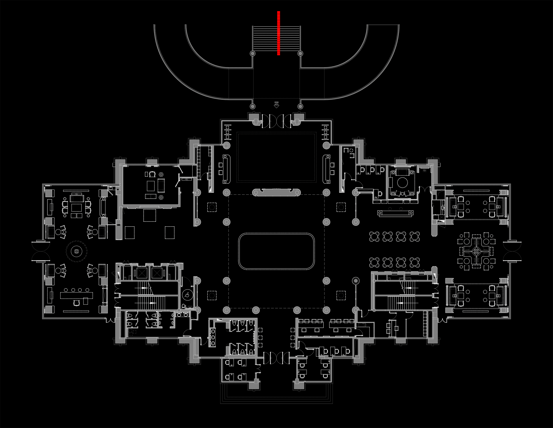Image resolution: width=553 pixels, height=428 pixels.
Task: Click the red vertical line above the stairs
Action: [279, 33]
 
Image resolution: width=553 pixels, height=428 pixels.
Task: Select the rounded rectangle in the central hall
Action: [276, 251]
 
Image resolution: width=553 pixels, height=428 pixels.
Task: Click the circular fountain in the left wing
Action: [77, 252]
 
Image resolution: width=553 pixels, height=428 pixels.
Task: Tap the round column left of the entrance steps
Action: [253, 54]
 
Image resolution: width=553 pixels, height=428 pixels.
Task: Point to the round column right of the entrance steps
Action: [300, 54]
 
